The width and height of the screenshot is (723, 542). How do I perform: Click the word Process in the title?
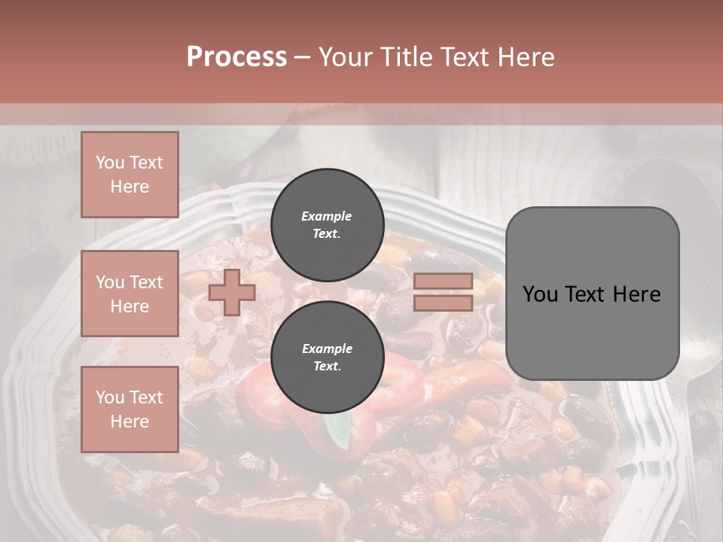click(236, 57)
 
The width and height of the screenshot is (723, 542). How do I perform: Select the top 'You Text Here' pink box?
click(130, 175)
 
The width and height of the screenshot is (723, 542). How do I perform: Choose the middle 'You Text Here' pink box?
click(130, 294)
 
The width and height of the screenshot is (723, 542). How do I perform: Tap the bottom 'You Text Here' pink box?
click(130, 409)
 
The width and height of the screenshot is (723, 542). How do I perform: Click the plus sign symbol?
click(232, 292)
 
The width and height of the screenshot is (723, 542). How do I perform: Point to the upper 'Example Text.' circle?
click(327, 224)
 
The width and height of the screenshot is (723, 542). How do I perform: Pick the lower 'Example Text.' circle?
click(327, 358)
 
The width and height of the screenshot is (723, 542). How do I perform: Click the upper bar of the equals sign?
click(444, 282)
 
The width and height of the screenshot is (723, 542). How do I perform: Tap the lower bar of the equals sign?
click(444, 303)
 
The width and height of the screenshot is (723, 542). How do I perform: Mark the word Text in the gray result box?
click(592, 294)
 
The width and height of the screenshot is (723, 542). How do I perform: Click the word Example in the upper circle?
click(327, 216)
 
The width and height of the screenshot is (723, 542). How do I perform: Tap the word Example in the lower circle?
click(327, 349)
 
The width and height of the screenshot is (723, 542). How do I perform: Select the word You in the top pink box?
click(109, 163)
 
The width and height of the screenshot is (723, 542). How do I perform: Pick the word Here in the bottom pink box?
click(130, 422)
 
